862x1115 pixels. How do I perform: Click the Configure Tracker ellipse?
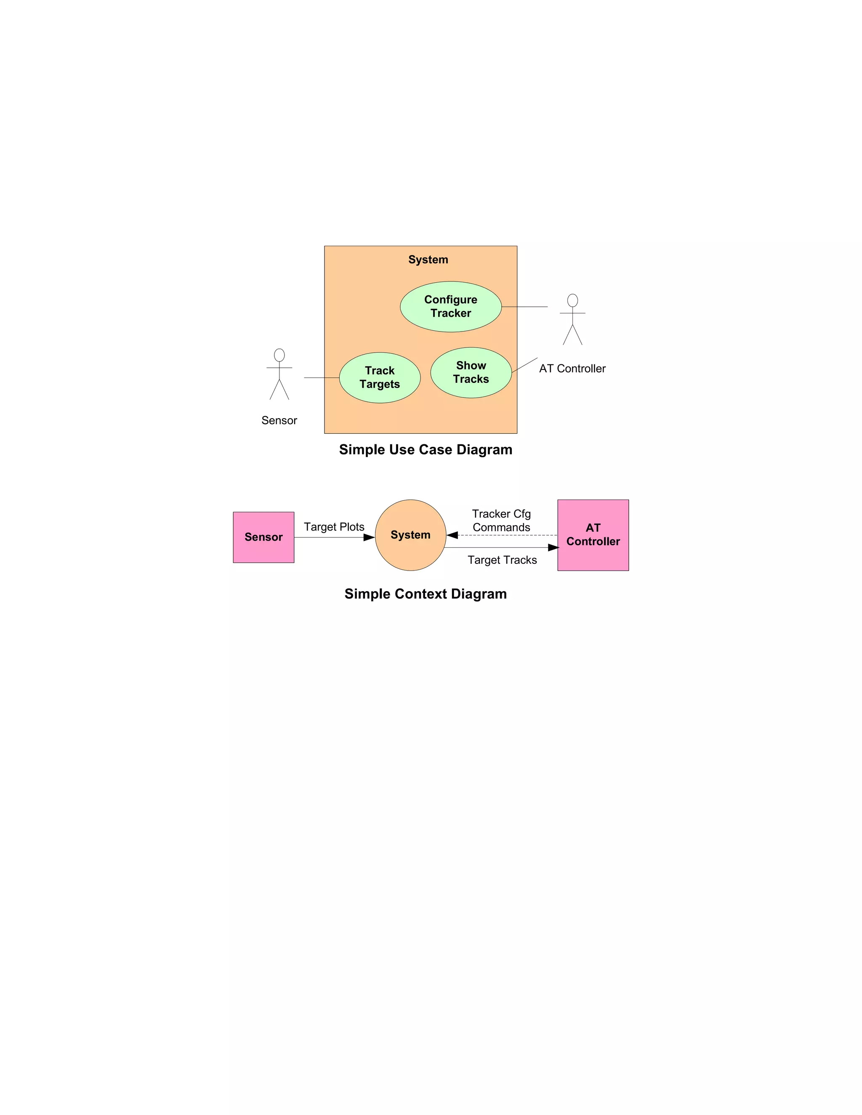[450, 306]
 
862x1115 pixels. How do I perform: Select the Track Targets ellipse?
[379, 377]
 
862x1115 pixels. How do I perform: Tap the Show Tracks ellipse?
[471, 372]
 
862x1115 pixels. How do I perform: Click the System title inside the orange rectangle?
[428, 259]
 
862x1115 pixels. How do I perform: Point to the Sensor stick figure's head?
[279, 355]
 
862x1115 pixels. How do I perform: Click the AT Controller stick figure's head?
[572, 300]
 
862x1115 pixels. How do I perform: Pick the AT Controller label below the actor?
[572, 369]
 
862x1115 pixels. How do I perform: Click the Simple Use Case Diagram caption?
[426, 450]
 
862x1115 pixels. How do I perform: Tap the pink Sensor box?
[263, 537]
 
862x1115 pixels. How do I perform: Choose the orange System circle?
[410, 535]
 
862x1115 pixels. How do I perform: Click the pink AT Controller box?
[593, 535]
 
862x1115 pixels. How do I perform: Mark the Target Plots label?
[334, 527]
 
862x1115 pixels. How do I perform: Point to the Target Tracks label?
[502, 560]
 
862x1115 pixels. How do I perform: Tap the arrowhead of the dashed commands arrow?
[452, 535]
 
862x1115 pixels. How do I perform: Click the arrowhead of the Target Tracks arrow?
[553, 548]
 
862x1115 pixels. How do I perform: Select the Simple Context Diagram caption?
[426, 594]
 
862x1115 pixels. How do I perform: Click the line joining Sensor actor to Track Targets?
[322, 378]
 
